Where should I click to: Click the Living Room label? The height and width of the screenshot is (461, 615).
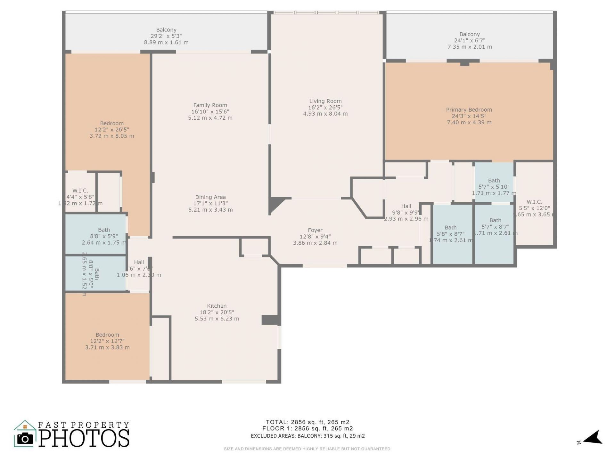pos(325,101)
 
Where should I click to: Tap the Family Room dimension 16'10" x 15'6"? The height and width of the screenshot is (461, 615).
pos(210,112)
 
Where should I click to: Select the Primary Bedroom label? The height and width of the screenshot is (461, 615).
pos(469,110)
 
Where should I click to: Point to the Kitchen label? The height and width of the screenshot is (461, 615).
pos(217,306)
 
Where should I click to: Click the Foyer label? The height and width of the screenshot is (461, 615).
pos(315,230)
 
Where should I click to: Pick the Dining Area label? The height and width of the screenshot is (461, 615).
pos(210,197)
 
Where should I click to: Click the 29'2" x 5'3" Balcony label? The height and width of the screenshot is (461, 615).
pos(166,30)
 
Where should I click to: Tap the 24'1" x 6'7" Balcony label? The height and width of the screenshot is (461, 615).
pos(469,34)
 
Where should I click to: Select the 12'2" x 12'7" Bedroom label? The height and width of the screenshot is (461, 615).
pos(107,335)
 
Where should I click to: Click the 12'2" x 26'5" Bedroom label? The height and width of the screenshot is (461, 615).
pos(111,124)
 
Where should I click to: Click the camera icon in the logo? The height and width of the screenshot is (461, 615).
pos(25,439)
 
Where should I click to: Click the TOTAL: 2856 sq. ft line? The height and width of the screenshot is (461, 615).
pos(307,422)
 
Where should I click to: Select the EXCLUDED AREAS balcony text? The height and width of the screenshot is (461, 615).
pos(307,436)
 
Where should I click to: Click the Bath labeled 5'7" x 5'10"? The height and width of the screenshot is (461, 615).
pos(494,181)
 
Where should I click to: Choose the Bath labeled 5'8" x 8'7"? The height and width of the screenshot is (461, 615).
pos(450,228)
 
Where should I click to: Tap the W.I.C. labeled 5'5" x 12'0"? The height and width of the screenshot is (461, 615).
pos(534,202)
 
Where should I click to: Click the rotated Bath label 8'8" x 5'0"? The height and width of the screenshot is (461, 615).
pos(96,274)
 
